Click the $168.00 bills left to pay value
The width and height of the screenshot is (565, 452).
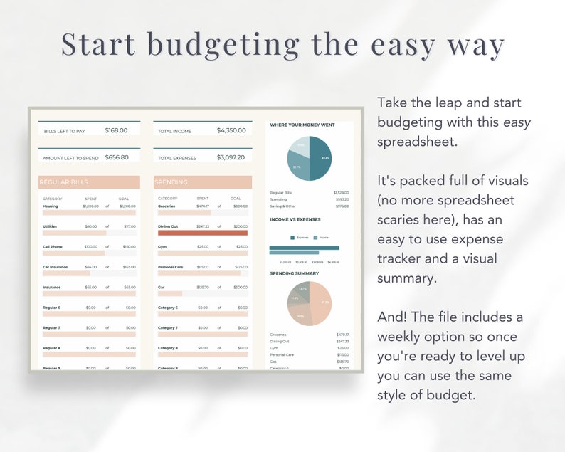(x=116, y=130)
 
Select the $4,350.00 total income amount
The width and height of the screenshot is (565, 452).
(x=231, y=130)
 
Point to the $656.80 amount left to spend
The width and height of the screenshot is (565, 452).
(x=116, y=157)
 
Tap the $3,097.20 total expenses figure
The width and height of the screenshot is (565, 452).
(x=231, y=157)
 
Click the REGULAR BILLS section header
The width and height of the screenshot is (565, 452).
(x=64, y=182)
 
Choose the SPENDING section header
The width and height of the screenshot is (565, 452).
(x=171, y=182)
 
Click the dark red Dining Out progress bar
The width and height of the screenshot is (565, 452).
(x=202, y=232)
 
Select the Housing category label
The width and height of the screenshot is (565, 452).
(x=51, y=206)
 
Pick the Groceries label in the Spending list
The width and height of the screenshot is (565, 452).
(x=167, y=206)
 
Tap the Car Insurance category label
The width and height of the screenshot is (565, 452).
(x=56, y=267)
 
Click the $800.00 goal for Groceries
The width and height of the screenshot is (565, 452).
(x=240, y=206)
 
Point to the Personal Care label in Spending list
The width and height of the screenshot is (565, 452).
(x=171, y=267)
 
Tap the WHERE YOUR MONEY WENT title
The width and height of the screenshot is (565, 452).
(x=302, y=125)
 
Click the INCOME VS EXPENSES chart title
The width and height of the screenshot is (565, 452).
(x=295, y=219)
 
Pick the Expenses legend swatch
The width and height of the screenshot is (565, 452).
(x=292, y=237)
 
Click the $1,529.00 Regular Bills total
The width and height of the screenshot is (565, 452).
(x=342, y=192)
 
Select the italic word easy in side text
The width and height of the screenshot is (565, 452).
(x=517, y=122)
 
